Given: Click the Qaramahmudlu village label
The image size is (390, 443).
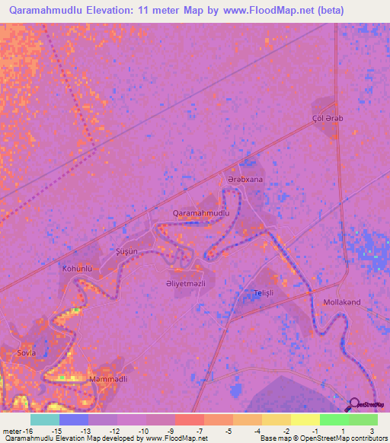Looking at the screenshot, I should [201, 213].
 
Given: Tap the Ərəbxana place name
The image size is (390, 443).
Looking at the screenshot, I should [245, 180].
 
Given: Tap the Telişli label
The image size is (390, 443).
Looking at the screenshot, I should [263, 292].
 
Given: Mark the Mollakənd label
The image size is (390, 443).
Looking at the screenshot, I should [343, 302].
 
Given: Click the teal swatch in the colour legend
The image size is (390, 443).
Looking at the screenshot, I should [45, 419].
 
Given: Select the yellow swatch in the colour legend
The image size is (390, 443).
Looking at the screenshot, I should [305, 419].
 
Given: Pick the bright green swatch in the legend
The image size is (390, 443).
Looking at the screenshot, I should [334, 419].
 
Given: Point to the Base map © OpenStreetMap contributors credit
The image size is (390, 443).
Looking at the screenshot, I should [322, 439].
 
